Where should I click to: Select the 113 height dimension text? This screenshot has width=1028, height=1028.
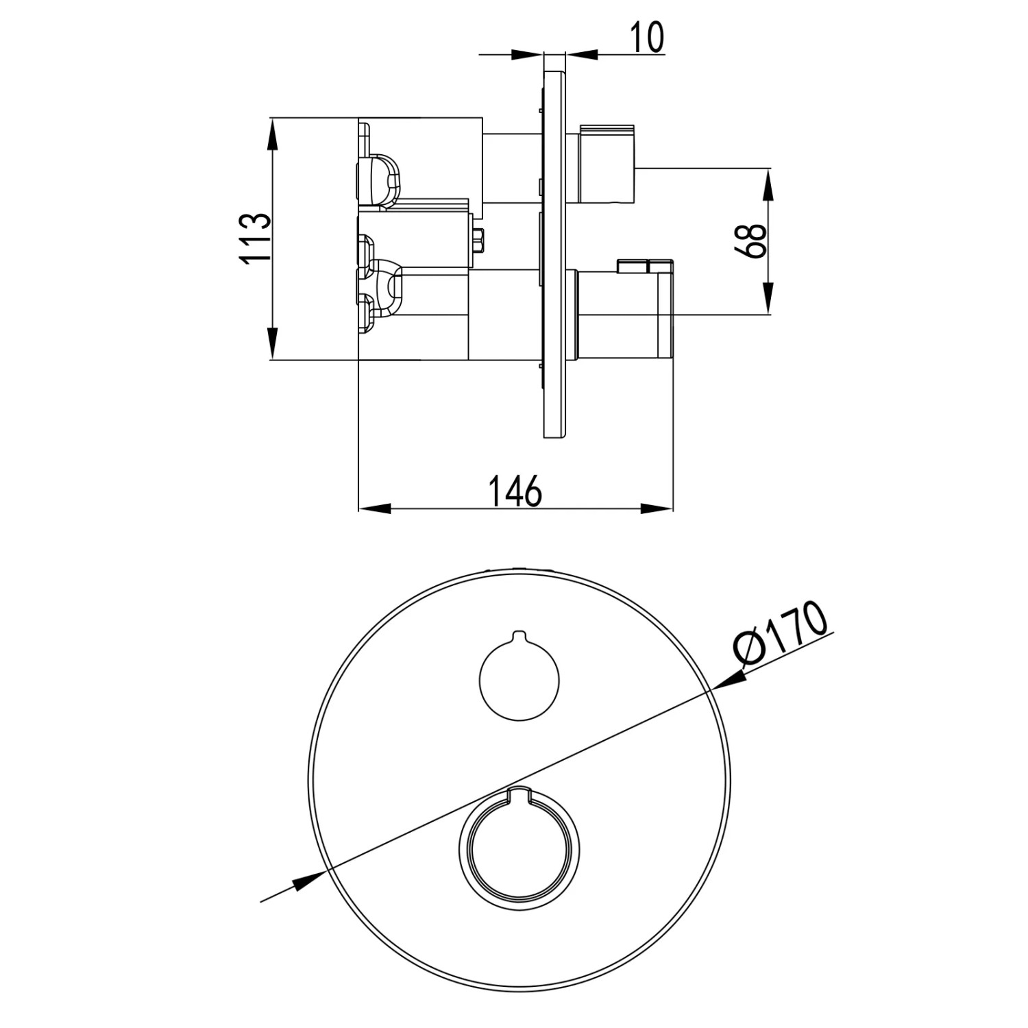255,238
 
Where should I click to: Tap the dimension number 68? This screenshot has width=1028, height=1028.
752,241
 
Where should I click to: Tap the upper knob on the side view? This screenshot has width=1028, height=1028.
609,165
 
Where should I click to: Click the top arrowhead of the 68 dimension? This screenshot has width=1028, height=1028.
768,184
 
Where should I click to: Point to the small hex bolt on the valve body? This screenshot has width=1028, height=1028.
478,241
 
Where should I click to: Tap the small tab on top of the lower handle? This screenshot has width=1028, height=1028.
645,265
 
